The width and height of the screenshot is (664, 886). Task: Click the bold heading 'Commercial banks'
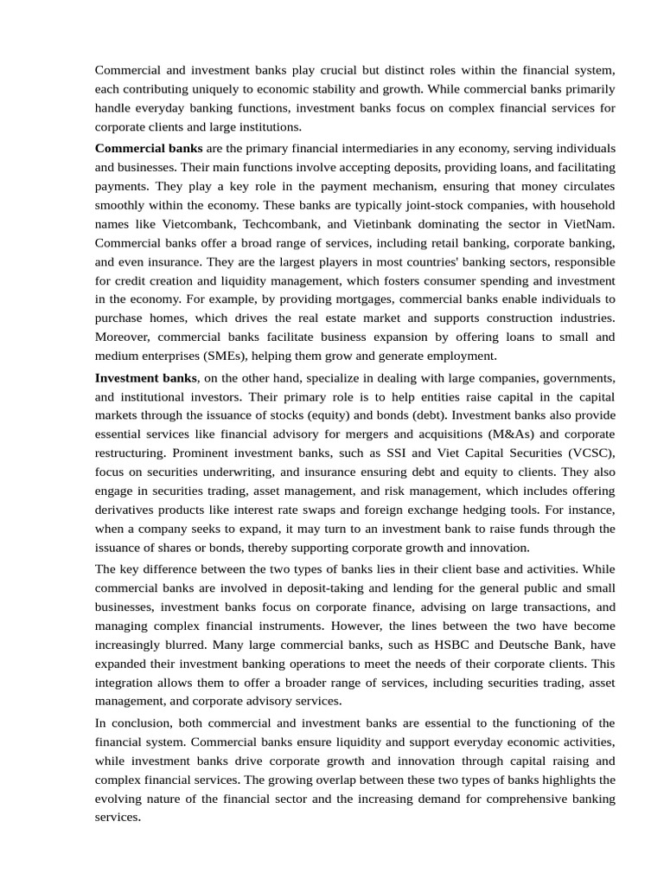(x=149, y=148)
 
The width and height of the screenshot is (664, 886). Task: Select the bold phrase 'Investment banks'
(x=146, y=378)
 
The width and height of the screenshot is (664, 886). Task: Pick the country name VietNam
(x=588, y=224)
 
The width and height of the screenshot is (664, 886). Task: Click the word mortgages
(x=365, y=299)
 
